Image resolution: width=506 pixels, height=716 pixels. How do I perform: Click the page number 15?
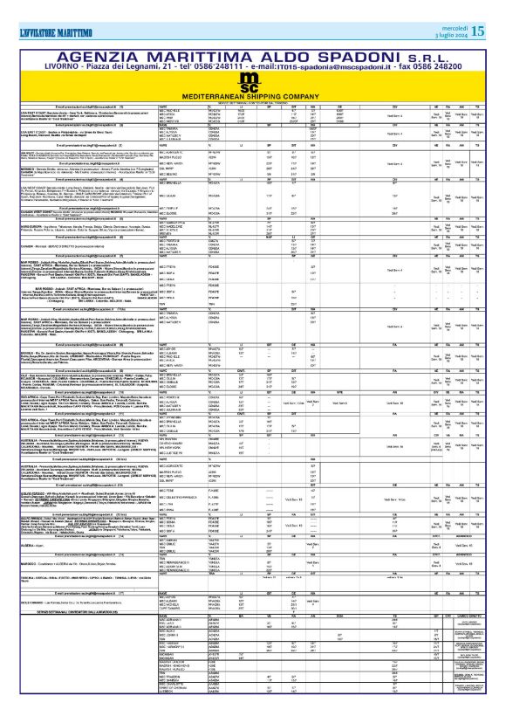click(479, 29)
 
